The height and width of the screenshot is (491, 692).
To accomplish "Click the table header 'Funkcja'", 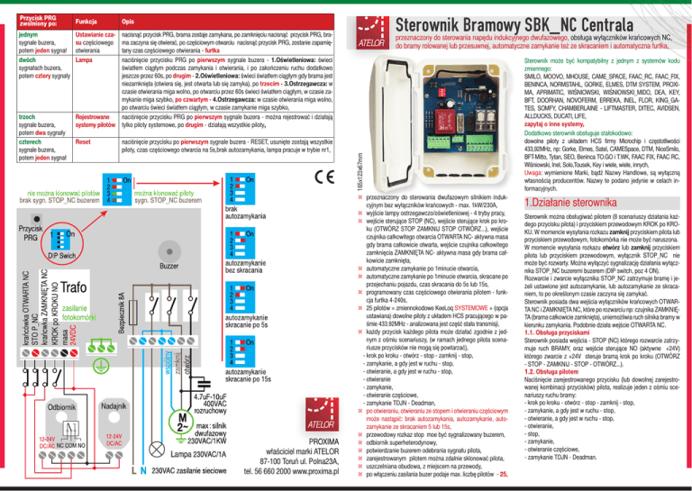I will point(87,19).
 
